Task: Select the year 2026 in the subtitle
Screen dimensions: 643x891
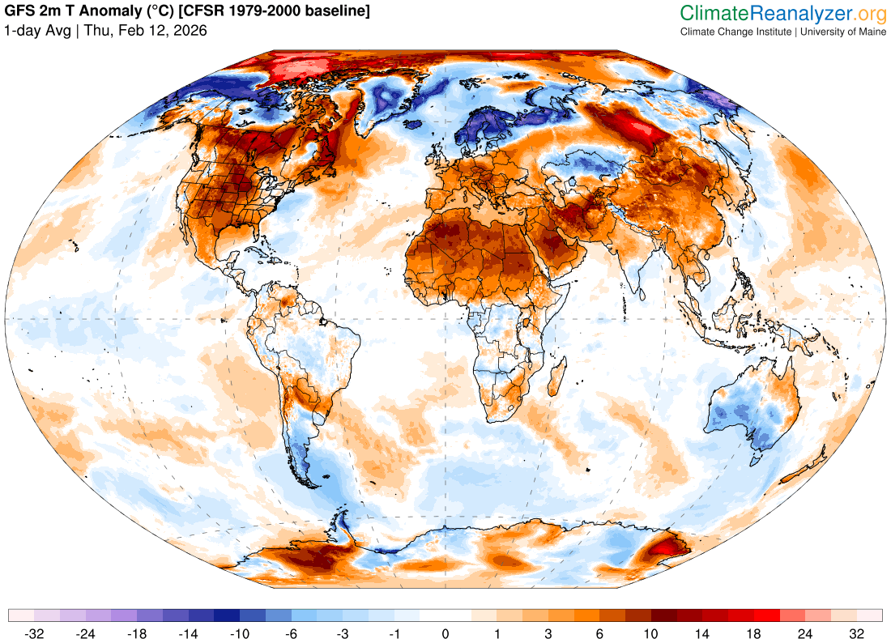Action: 190,31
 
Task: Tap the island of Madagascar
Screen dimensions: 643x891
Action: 557,377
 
